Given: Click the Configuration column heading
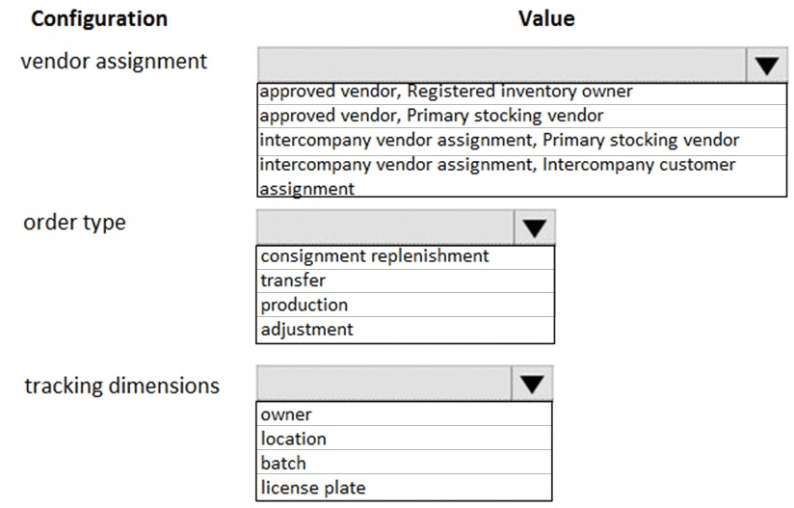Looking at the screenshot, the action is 99,18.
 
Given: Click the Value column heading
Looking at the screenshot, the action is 546,18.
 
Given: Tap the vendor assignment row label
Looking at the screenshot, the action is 114,62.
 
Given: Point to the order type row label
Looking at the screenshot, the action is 74,223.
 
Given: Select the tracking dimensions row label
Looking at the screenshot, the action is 122,386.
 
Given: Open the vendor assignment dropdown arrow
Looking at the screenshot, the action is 767,65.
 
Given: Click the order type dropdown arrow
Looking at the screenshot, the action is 535,227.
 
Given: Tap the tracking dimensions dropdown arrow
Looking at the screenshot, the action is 532,384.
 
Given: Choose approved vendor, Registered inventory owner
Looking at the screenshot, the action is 445,92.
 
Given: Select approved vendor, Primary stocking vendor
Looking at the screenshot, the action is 432,116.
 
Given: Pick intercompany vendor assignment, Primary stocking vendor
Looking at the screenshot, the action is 499,141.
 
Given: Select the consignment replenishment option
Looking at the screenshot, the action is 375,256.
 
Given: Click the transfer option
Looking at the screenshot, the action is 293,281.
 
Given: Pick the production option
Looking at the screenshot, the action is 304,305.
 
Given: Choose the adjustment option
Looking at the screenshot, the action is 306,330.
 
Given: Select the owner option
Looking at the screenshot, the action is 286,414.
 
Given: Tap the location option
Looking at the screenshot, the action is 293,439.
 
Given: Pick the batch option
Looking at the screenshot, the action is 283,463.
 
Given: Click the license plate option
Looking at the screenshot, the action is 313,488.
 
